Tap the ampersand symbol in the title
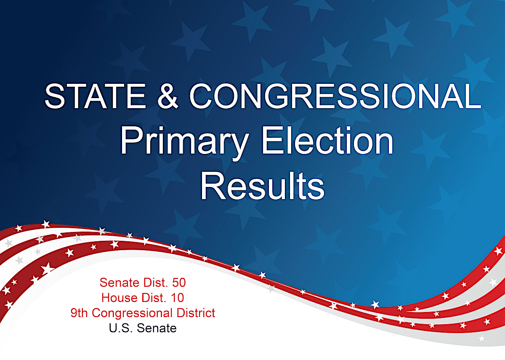coord(167,96)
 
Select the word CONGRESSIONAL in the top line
coord(335,96)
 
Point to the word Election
coord(327,140)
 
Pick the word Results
coord(263,186)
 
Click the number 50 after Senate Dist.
coord(179,283)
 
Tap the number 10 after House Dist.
coord(178,298)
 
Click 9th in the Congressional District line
coord(79,313)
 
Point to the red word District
coord(196,313)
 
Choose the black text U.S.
coord(121,328)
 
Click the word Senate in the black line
coord(157,328)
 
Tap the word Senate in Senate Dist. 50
coord(120,283)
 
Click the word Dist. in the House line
coord(154,298)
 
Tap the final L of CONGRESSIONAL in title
coord(473,96)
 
